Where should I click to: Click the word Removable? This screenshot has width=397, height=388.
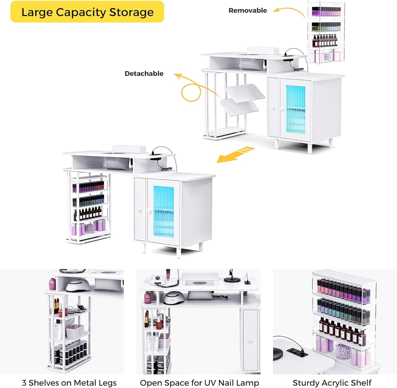248,10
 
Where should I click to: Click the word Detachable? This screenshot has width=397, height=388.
144,74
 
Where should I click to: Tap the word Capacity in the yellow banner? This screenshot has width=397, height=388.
81,12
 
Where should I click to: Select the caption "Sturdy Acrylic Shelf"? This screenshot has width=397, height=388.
332,383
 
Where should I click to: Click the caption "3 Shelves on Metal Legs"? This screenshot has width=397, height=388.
69,383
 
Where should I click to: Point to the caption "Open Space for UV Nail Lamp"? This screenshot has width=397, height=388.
199,383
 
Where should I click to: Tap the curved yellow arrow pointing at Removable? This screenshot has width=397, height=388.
289,12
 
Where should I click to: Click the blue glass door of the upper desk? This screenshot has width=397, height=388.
296,110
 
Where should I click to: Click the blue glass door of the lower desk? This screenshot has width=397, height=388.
163,212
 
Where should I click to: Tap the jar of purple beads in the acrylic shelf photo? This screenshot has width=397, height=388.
343,351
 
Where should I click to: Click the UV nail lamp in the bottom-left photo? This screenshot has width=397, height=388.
78,285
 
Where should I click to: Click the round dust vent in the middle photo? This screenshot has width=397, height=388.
200,283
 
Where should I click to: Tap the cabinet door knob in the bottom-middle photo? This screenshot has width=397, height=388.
250,340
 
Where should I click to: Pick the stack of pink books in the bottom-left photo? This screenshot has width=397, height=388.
75,331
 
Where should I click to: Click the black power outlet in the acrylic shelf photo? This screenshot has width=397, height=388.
297,352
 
